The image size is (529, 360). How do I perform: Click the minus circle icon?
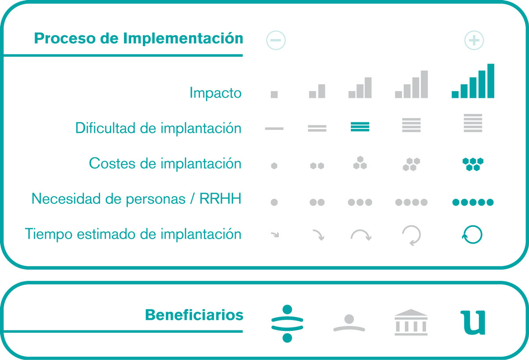point(276,40)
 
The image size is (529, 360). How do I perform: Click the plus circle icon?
point(474,40)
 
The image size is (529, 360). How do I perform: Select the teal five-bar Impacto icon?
point(473,81)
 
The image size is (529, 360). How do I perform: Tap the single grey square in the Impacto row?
point(274,94)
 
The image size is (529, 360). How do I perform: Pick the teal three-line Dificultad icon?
point(360,127)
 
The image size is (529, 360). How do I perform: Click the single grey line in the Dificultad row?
point(274,128)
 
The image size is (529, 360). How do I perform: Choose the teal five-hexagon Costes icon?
point(473,164)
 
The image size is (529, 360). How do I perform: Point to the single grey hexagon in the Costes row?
point(274,166)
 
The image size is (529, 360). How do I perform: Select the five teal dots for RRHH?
point(473,202)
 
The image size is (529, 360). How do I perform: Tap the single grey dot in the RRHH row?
point(274,202)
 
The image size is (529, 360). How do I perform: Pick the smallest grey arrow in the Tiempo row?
point(275,234)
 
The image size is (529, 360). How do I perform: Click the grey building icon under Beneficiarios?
point(411,322)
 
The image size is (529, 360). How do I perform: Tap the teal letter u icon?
point(473,323)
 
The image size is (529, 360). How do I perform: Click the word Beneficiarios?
point(194,315)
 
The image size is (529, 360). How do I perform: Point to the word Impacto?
point(216,93)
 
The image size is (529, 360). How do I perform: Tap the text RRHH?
point(220,199)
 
